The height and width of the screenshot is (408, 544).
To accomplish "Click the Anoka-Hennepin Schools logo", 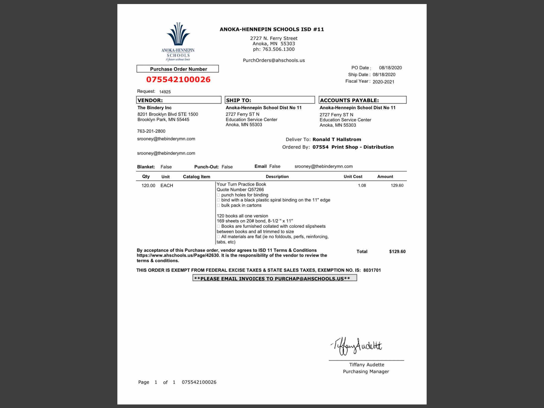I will [x=178, y=41].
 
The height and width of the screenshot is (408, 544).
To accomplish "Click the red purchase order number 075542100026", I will [x=178, y=79].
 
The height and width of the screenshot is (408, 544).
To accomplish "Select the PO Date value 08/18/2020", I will [x=390, y=68].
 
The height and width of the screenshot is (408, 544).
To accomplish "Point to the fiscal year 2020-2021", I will [x=383, y=82].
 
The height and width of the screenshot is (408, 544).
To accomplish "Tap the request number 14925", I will [x=165, y=92].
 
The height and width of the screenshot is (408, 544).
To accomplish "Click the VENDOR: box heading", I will [x=179, y=100].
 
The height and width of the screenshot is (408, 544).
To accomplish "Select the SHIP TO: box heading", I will [x=269, y=100].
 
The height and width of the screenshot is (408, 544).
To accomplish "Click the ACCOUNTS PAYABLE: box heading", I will [x=362, y=100].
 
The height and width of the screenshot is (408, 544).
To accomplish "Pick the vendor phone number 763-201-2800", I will [x=151, y=131].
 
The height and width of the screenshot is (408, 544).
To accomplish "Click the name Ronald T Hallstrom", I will [x=337, y=139].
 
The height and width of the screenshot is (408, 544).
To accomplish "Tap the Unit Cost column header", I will [x=353, y=177].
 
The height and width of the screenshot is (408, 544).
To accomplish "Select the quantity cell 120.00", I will [x=148, y=186].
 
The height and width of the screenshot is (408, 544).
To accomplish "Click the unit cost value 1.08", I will [x=362, y=186].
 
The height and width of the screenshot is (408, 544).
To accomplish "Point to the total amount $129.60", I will [x=397, y=251].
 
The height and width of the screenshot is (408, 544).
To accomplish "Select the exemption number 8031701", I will [x=372, y=270].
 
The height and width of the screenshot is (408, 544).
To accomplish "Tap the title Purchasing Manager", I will [x=366, y=371].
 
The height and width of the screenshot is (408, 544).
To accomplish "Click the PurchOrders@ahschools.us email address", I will [x=274, y=61].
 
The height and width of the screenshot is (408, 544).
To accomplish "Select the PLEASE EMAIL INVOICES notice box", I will [x=275, y=278].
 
